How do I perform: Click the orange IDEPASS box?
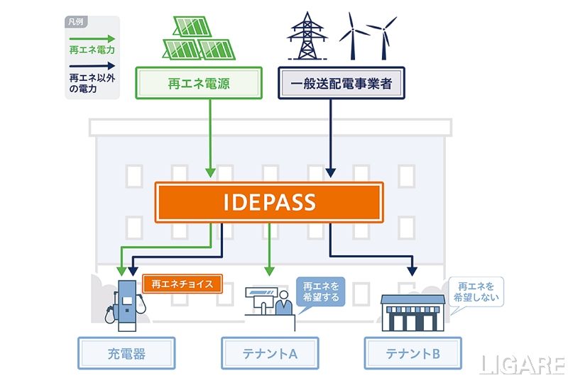click(269, 202)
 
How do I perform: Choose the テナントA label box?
click(270, 353)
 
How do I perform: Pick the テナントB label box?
click(413, 353)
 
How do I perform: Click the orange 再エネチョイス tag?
click(182, 284)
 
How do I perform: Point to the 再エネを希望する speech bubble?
click(319, 291)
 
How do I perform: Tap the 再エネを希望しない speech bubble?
click(476, 291)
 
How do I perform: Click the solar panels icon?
click(198, 37)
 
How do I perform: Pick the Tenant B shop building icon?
click(413, 312)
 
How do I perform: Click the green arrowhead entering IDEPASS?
click(210, 172)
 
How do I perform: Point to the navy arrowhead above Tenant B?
click(413, 271)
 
